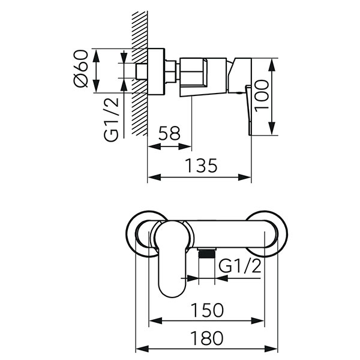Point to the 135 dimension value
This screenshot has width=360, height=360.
(x=200, y=165)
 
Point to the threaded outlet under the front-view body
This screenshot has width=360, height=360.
(x=206, y=253)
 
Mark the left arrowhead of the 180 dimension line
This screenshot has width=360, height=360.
(x=140, y=349)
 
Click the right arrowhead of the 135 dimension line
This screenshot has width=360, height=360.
(x=248, y=176)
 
